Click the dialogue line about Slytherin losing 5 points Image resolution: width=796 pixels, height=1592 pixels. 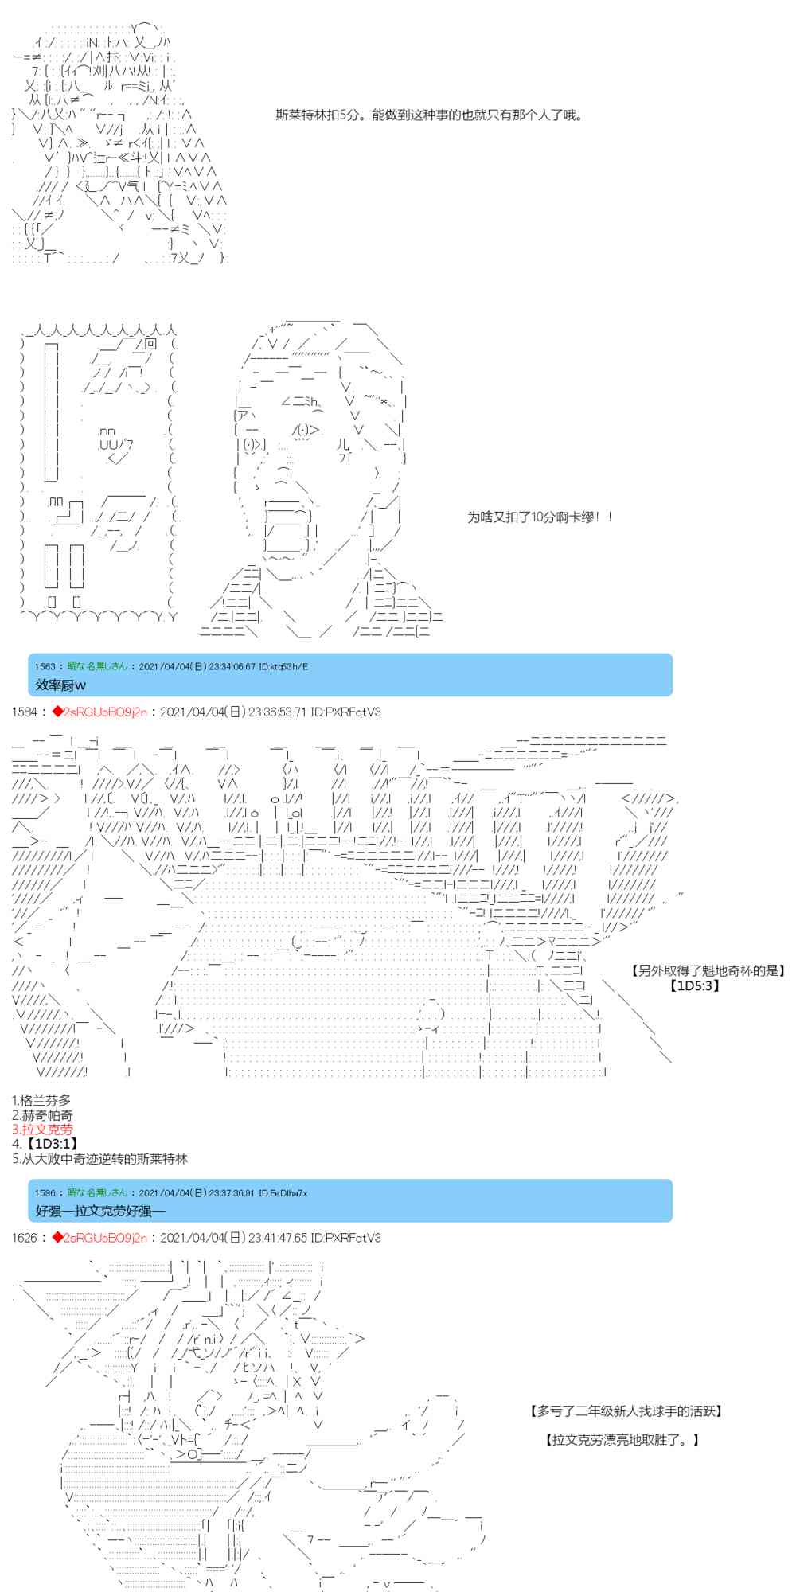(429, 115)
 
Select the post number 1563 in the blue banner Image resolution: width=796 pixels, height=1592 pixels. (45, 666)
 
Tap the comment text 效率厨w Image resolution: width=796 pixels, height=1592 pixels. (60, 685)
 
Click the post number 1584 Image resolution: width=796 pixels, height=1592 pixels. (24, 712)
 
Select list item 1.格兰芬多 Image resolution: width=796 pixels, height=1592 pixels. (41, 1100)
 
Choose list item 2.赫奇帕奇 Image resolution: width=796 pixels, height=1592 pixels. (41, 1114)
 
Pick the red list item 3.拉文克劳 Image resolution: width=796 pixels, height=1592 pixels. (41, 1129)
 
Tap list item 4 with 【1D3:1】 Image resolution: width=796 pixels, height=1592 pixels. (45, 1144)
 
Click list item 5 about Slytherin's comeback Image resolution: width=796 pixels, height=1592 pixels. (99, 1158)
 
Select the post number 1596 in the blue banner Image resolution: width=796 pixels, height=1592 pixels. (45, 1192)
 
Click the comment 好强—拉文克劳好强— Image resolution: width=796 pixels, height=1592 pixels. (100, 1211)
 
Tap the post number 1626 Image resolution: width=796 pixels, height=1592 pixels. (24, 1238)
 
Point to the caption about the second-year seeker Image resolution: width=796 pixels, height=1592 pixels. (626, 1411)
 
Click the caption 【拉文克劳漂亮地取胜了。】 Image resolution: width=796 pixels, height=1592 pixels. (622, 1440)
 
